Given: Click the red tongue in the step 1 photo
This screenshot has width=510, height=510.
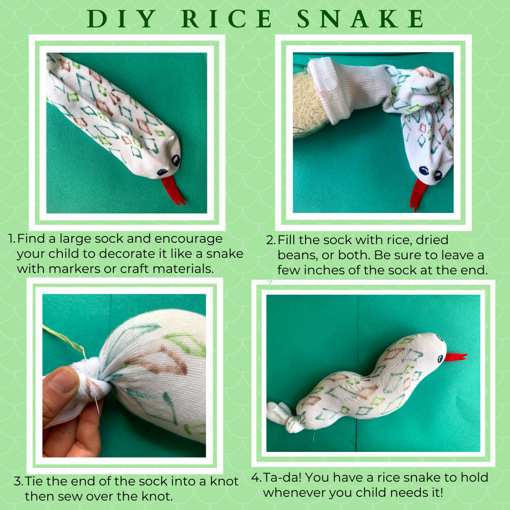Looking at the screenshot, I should click(172, 191).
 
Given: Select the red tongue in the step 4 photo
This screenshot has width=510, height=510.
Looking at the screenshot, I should click(455, 357).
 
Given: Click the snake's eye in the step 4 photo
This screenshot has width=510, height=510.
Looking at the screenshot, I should click(439, 339).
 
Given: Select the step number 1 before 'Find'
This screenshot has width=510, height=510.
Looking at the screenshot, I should click(12, 239).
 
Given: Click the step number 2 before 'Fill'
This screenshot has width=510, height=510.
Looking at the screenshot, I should click(270, 240).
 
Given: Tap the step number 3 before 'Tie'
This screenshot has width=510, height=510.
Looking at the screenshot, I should click(18, 482).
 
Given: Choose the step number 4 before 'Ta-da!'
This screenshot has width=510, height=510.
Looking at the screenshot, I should click(256, 478).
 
